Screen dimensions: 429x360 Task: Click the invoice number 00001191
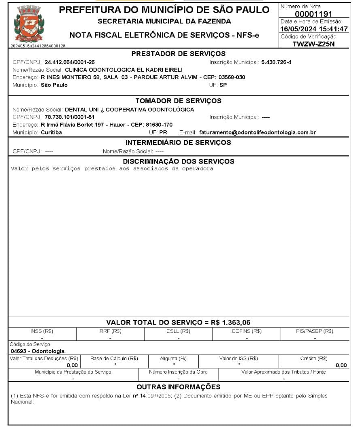[x=313, y=14]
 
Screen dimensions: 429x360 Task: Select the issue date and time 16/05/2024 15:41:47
[x=314, y=29]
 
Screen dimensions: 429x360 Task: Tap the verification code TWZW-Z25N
[x=314, y=44]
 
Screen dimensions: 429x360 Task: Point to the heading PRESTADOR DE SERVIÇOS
[x=179, y=54]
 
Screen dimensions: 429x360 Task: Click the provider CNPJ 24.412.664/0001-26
[x=70, y=62]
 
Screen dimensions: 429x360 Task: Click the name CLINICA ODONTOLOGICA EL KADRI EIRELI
[x=124, y=70]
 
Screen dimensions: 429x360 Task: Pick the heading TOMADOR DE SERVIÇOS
[x=178, y=101]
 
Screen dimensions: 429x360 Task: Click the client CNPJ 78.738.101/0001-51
[x=70, y=117]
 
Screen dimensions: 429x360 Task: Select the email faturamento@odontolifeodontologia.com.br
[x=258, y=132]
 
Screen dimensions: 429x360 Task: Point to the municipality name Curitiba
[x=51, y=132]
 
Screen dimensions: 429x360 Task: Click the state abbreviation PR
[x=163, y=132]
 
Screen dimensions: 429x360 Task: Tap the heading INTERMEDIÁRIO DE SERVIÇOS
[x=178, y=142]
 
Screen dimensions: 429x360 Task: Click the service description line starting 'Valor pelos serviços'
[x=112, y=169]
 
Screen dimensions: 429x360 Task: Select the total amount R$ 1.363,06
[x=230, y=323]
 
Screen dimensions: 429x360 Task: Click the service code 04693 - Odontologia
[x=37, y=351]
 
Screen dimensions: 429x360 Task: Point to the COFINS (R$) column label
[x=246, y=331]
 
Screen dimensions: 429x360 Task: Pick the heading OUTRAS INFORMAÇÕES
[x=178, y=387]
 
